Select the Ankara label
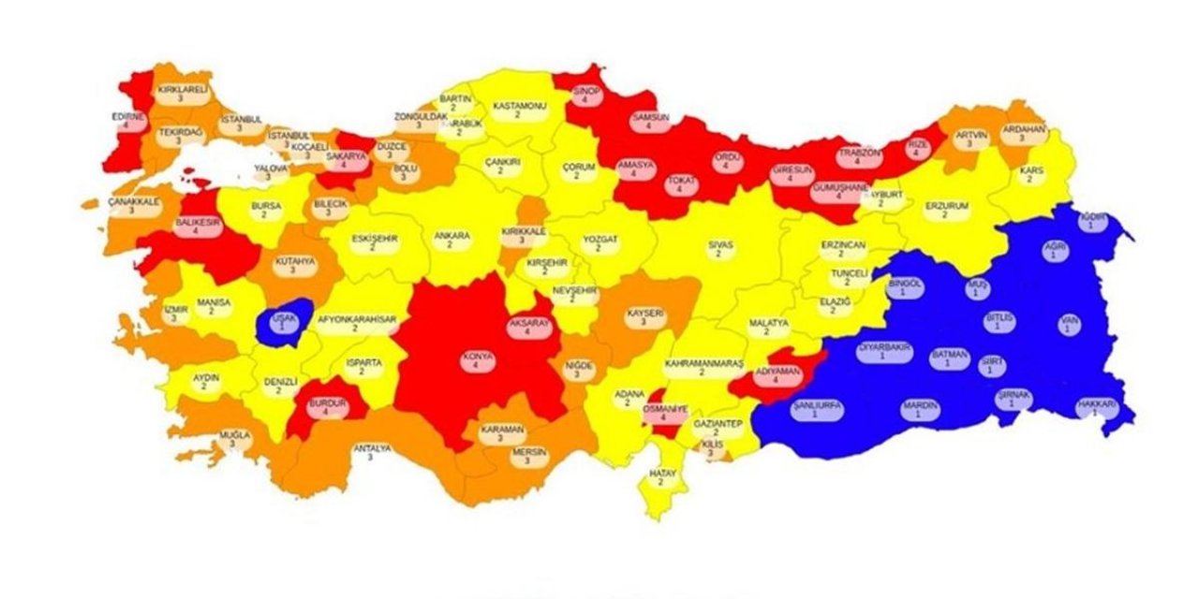(451, 241)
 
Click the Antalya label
(371, 453)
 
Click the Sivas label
(719, 248)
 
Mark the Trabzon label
(859, 155)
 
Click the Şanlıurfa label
(817, 409)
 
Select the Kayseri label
(644, 316)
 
